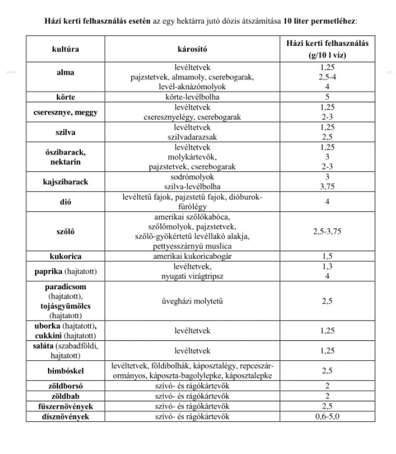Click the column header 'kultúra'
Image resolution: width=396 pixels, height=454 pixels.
pyautogui.click(x=65, y=48)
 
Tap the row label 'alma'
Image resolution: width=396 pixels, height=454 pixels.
pyautogui.click(x=65, y=72)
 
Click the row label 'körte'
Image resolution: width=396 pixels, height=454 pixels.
pyautogui.click(x=65, y=97)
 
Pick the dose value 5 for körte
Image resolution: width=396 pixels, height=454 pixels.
pyautogui.click(x=327, y=97)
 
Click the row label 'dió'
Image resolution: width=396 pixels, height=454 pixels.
pyautogui.click(x=65, y=201)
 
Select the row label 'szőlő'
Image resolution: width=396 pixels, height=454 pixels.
pyautogui.click(x=65, y=231)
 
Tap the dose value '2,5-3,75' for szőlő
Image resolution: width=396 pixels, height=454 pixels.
pyautogui.click(x=327, y=231)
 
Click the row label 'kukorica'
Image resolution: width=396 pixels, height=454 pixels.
pyautogui.click(x=65, y=256)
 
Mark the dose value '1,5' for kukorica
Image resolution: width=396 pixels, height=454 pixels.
pyautogui.click(x=327, y=256)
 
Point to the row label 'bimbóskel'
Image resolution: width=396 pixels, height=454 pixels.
pyautogui.click(x=65, y=371)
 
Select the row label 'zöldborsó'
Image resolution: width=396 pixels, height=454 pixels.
pyautogui.click(x=65, y=386)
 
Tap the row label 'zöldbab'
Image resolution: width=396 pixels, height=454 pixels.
pyautogui.click(x=65, y=396)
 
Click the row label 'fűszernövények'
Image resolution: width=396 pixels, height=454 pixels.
pyautogui.click(x=65, y=407)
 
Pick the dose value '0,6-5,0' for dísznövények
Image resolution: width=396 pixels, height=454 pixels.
pyautogui.click(x=327, y=416)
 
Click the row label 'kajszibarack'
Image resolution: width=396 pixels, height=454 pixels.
pyautogui.click(x=65, y=182)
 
